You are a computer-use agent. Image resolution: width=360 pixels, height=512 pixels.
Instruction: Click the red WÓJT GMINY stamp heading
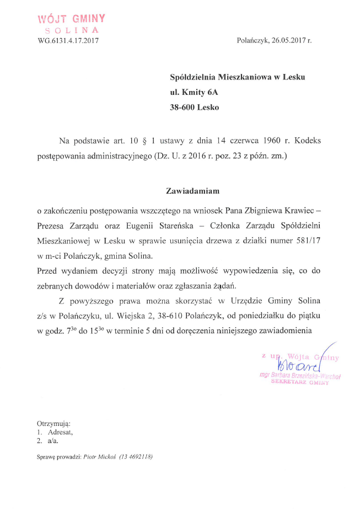71,19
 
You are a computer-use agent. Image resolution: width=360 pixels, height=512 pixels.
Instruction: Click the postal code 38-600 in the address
183,108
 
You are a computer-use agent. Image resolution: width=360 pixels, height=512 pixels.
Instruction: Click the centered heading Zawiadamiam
193,191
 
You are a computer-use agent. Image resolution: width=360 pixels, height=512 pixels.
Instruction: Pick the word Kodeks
306,141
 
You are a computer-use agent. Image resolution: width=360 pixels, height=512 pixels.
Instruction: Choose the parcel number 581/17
305,241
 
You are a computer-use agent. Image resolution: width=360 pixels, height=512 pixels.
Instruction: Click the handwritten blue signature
298,364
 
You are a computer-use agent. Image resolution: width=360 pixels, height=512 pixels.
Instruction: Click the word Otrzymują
54,423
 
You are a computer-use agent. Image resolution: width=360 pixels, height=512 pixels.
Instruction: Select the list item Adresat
60,432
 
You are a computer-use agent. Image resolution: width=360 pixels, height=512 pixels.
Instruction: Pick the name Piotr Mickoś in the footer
95,457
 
